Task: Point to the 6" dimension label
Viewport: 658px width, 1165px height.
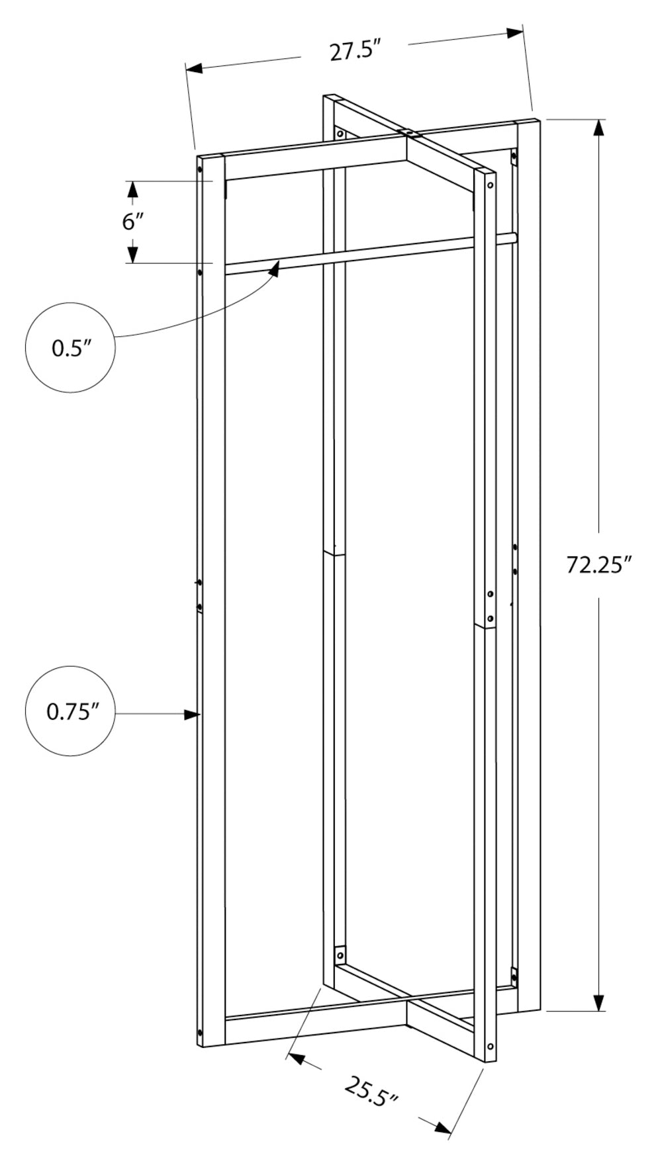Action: point(132,222)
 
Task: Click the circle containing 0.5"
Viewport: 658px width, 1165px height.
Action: point(70,348)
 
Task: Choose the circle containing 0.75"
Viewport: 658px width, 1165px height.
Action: point(70,711)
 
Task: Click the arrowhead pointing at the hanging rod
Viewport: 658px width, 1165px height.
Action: point(275,268)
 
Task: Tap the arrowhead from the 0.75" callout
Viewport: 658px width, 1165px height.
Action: point(192,714)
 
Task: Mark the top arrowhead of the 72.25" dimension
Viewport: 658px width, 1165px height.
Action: point(598,128)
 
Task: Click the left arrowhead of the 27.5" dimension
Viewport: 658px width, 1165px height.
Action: point(194,68)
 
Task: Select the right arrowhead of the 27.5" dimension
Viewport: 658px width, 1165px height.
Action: point(515,32)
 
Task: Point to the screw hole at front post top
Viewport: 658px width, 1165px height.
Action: point(490,186)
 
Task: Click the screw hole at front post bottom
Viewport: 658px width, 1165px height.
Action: point(490,1047)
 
